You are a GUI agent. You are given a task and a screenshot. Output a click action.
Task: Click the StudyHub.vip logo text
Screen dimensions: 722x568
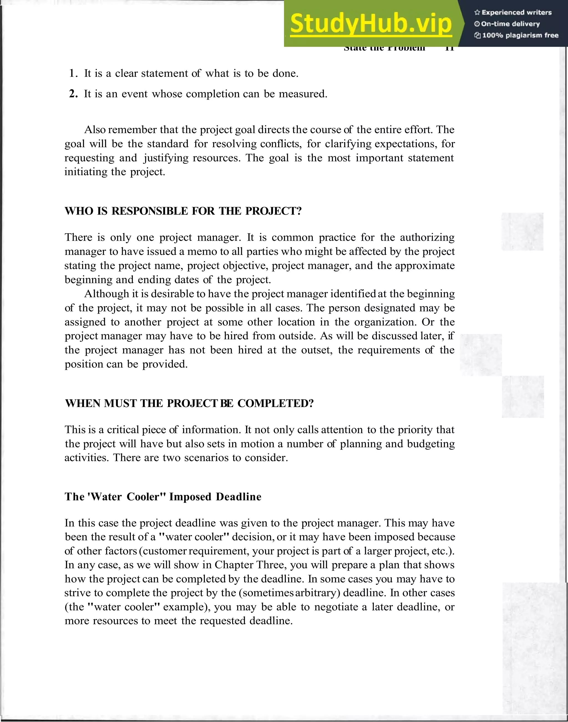click(371, 24)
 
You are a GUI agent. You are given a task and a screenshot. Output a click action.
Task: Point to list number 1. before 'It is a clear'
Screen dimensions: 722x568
click(73, 73)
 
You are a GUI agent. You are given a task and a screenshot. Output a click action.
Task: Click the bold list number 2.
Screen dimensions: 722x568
click(73, 94)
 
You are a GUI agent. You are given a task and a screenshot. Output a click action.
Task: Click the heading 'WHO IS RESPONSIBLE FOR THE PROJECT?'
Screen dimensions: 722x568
click(183, 211)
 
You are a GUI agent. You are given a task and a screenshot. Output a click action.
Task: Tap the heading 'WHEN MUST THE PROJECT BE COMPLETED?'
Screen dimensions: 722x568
click(189, 403)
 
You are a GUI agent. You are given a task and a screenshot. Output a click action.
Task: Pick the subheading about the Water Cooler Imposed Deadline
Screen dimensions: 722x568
click(163, 497)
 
